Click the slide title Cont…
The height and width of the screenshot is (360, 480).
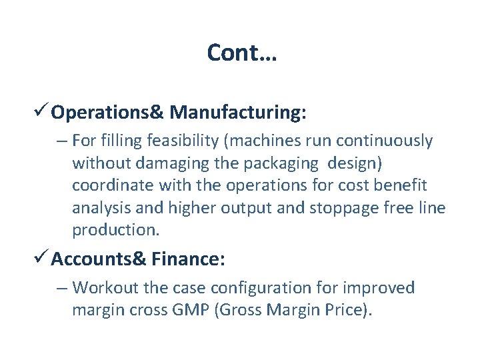click(241, 52)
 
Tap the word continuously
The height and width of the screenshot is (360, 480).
click(385, 141)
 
